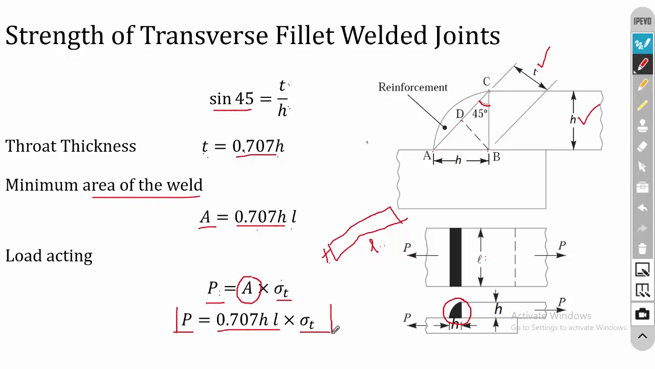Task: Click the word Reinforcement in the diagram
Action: click(x=413, y=87)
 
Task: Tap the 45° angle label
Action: click(x=480, y=113)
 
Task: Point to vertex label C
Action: click(x=487, y=81)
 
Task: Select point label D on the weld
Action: click(x=460, y=114)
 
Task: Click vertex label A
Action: click(x=427, y=155)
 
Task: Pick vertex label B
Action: click(x=496, y=157)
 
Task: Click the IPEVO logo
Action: click(x=642, y=21)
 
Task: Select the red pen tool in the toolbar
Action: click(x=642, y=64)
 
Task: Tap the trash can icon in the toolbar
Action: click(x=642, y=249)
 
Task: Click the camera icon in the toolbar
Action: click(x=642, y=314)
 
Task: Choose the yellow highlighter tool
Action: click(x=642, y=105)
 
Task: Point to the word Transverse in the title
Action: click(x=204, y=36)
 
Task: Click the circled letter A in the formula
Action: click(x=247, y=288)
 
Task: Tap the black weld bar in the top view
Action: click(x=455, y=257)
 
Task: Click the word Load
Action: click(x=24, y=255)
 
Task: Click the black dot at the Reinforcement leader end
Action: click(x=445, y=128)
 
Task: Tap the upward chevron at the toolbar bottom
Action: click(x=642, y=336)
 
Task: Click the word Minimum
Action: click(x=41, y=185)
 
